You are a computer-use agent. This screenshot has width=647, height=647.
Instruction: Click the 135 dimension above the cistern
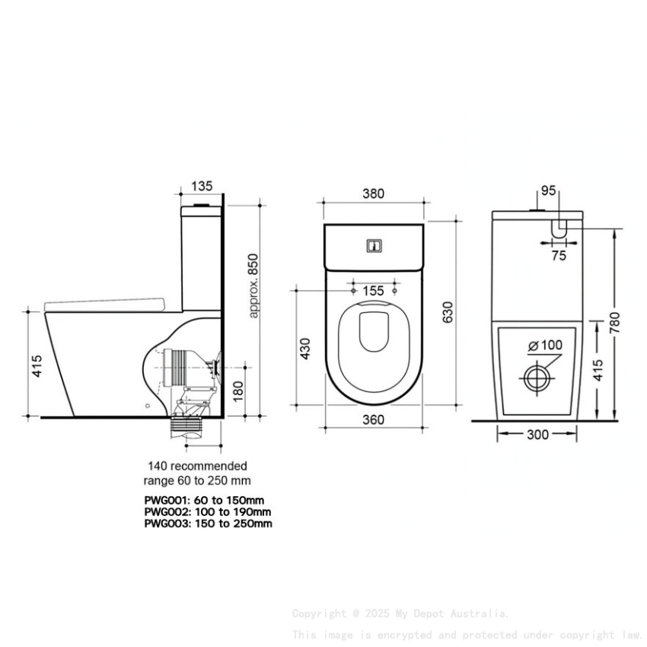tap(202, 185)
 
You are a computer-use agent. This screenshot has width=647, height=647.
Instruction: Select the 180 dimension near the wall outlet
tap(237, 392)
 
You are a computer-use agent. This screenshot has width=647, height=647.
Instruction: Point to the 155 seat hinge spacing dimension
tap(373, 291)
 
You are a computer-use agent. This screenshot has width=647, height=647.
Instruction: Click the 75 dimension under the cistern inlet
tap(559, 257)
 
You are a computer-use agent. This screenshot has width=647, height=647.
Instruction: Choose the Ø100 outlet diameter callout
tap(545, 345)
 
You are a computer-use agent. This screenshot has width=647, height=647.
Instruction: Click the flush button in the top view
tap(374, 246)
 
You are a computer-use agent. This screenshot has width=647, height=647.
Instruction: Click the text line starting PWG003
tap(208, 523)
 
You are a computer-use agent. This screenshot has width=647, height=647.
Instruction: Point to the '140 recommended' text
tap(197, 466)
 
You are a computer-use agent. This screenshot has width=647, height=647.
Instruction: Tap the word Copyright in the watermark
tap(319, 614)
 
